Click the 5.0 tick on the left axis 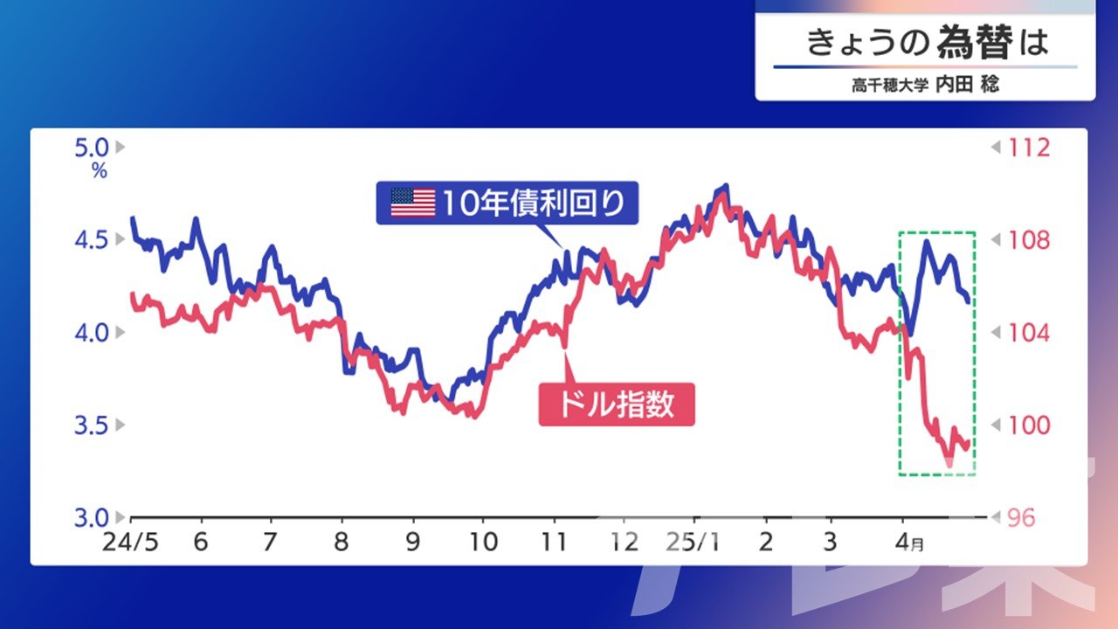[x=92, y=148]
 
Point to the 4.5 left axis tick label [x=92, y=240]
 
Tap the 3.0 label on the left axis [x=92, y=518]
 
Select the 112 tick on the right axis [x=1029, y=148]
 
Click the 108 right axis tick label [x=1029, y=240]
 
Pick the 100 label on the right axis [x=1029, y=425]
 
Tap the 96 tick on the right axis [x=1021, y=518]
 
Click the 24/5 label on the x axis [x=130, y=543]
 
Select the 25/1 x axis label [x=694, y=543]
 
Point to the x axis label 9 [x=413, y=543]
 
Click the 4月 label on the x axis [x=909, y=543]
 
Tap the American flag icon [x=413, y=203]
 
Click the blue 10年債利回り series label [x=507, y=203]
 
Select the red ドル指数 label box [x=617, y=404]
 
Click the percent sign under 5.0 [x=100, y=171]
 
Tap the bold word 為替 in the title [x=975, y=43]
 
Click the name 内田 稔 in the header [x=967, y=84]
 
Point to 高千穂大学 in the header [x=890, y=85]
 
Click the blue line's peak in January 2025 [x=725, y=186]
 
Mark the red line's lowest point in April [x=949, y=464]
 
